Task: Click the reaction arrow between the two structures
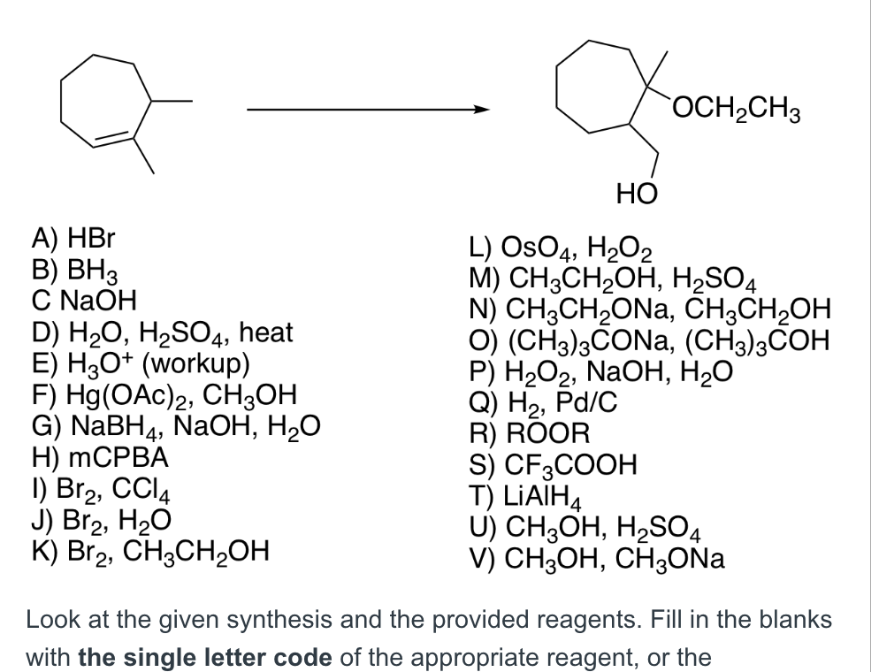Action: pyautogui.click(x=367, y=111)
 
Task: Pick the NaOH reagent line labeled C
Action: pyautogui.click(x=83, y=286)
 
